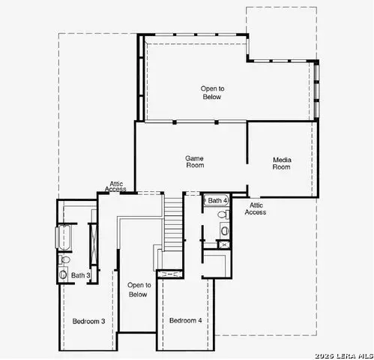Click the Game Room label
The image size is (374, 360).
[195, 162]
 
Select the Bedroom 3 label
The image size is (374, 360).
[88, 321]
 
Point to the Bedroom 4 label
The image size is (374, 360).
[185, 321]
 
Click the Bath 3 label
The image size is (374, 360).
[81, 275]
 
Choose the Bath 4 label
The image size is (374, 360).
[217, 201]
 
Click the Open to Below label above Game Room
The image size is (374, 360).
[212, 92]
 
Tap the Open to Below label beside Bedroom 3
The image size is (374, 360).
[139, 289]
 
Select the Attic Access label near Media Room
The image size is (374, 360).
[256, 208]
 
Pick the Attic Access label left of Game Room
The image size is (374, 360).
[117, 186]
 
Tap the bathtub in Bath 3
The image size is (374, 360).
[64, 238]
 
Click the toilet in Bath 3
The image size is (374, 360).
[64, 259]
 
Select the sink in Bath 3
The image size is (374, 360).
[62, 275]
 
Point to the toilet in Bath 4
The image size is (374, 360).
[223, 215]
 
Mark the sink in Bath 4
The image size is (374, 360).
[223, 229]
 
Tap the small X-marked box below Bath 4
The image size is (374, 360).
[223, 244]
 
